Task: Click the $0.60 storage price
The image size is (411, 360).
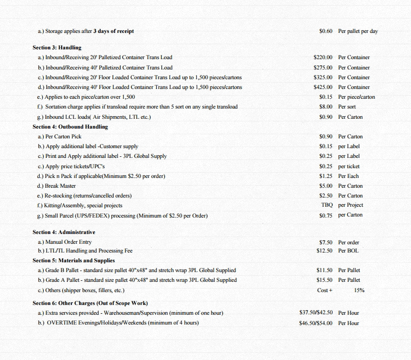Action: (x=326, y=31)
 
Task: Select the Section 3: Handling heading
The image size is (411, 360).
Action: (x=57, y=48)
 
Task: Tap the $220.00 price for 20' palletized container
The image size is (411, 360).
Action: (x=323, y=58)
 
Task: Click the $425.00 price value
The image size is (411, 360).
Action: (x=323, y=87)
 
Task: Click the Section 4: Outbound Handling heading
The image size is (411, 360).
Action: (x=70, y=127)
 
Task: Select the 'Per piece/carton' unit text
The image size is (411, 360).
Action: (x=357, y=97)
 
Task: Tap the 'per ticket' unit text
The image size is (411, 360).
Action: (x=349, y=167)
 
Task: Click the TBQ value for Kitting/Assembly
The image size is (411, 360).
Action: (x=326, y=205)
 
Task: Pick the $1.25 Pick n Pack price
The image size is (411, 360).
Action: (x=326, y=176)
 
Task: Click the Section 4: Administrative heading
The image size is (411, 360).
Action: (x=64, y=232)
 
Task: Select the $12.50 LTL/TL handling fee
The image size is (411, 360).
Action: (x=325, y=251)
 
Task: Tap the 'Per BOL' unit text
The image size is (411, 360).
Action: (x=348, y=251)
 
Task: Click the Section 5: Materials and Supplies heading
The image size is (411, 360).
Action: (x=74, y=261)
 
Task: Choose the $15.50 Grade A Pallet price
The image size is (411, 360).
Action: (x=325, y=280)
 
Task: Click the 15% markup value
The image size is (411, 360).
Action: (x=359, y=291)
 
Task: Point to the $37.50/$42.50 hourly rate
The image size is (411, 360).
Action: (x=316, y=313)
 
